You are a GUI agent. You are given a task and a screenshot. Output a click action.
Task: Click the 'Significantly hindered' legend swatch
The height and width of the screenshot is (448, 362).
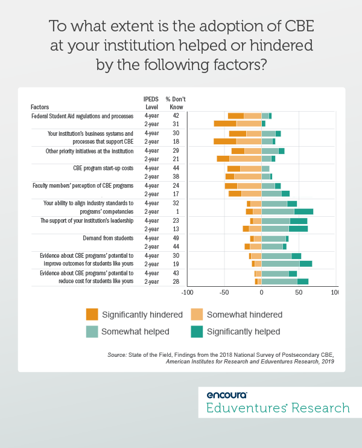coord(92,314)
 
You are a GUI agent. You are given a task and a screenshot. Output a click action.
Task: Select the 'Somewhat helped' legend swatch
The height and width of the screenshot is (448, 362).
coord(92,331)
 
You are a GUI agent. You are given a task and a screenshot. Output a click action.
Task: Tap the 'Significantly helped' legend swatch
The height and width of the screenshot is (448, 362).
coord(197,331)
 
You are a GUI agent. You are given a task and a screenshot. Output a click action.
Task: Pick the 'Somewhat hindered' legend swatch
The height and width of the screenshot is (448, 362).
coord(197,314)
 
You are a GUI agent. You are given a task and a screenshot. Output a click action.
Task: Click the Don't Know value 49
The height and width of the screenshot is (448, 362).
coord(176,238)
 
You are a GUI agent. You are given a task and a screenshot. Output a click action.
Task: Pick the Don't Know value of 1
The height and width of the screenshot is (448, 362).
coord(176,212)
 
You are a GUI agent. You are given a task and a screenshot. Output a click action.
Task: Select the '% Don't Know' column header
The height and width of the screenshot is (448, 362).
coord(176,103)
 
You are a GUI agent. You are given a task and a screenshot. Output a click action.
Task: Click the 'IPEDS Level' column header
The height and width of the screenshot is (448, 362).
coord(152,103)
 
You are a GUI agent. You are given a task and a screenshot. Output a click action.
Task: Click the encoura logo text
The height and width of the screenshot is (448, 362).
coord(227,395)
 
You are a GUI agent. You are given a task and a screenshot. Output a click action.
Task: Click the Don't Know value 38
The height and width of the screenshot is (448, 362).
coord(176,176)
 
